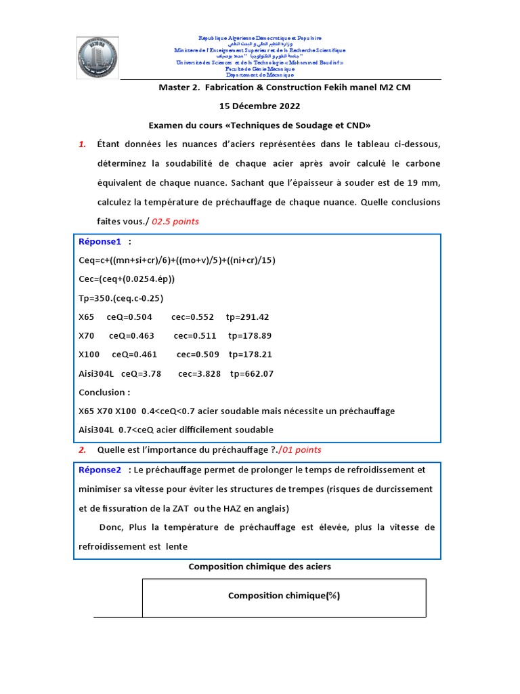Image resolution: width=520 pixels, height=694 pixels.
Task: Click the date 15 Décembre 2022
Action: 260,106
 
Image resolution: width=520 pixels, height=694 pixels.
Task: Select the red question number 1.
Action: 82,144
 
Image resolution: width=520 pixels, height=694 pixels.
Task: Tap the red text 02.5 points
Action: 175,221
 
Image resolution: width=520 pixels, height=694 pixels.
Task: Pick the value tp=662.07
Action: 252,373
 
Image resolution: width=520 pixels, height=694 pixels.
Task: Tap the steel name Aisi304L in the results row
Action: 99,373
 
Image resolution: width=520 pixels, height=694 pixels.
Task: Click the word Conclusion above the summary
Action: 102,392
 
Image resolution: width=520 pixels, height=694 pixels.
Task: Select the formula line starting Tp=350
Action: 121,298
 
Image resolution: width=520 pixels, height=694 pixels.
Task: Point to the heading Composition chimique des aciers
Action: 259,566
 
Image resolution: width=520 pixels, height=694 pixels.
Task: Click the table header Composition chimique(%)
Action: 284,596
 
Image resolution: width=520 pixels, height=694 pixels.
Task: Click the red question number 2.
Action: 81,449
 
